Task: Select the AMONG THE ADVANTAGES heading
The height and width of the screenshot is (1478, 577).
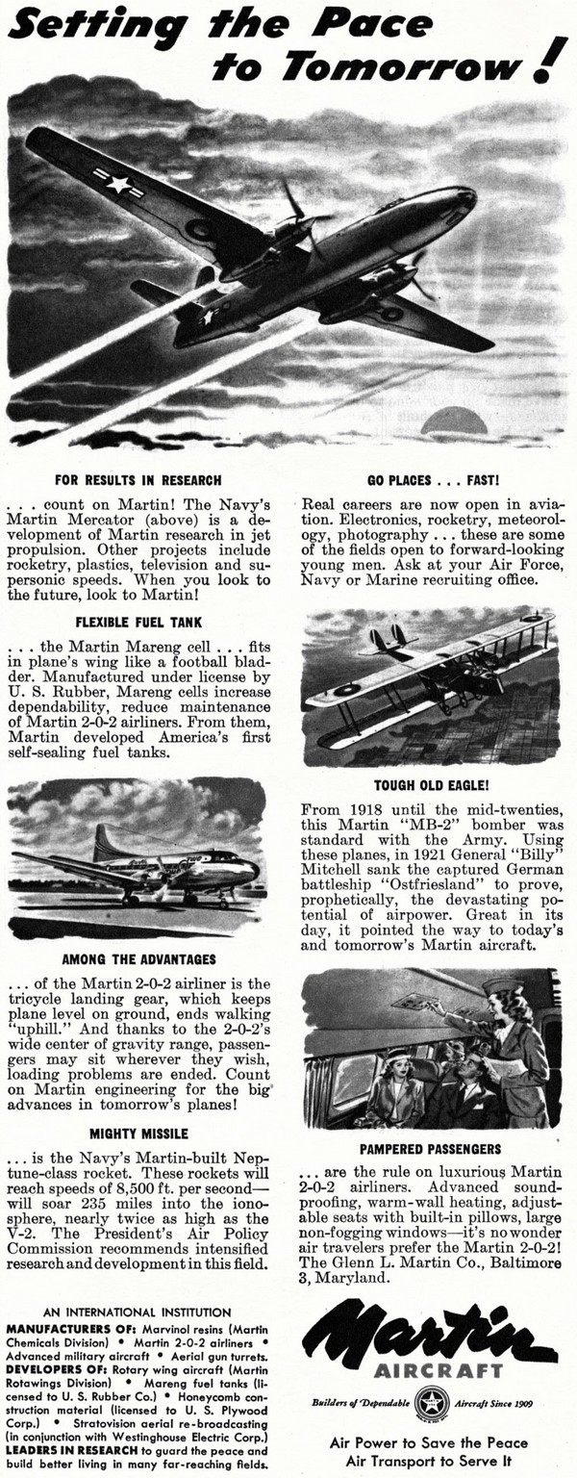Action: click(x=138, y=959)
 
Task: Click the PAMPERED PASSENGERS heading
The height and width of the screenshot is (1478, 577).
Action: click(x=432, y=1149)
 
